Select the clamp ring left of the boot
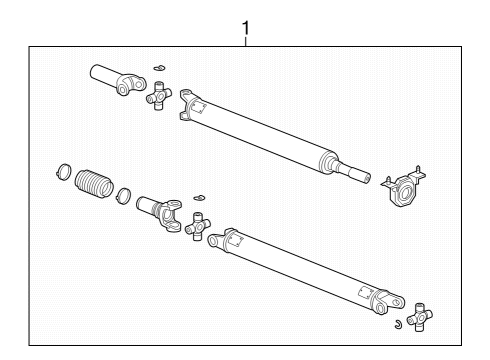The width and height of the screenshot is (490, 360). point(62,171)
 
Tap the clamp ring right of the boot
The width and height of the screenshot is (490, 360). point(124,194)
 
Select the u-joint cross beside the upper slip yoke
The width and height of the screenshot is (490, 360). point(157,97)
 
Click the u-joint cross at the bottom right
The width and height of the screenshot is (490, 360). point(419,315)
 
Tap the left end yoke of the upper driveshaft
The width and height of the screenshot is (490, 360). point(192,105)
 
